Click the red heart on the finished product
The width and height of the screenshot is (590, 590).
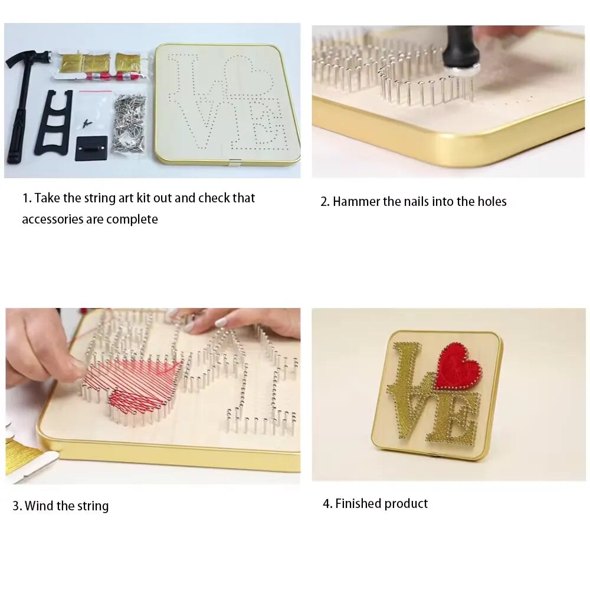pyautogui.click(x=458, y=366)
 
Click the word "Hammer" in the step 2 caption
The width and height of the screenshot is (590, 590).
pyautogui.click(x=356, y=202)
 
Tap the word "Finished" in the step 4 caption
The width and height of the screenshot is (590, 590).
pyautogui.click(x=358, y=504)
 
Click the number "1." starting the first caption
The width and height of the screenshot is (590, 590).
pyautogui.click(x=27, y=198)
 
